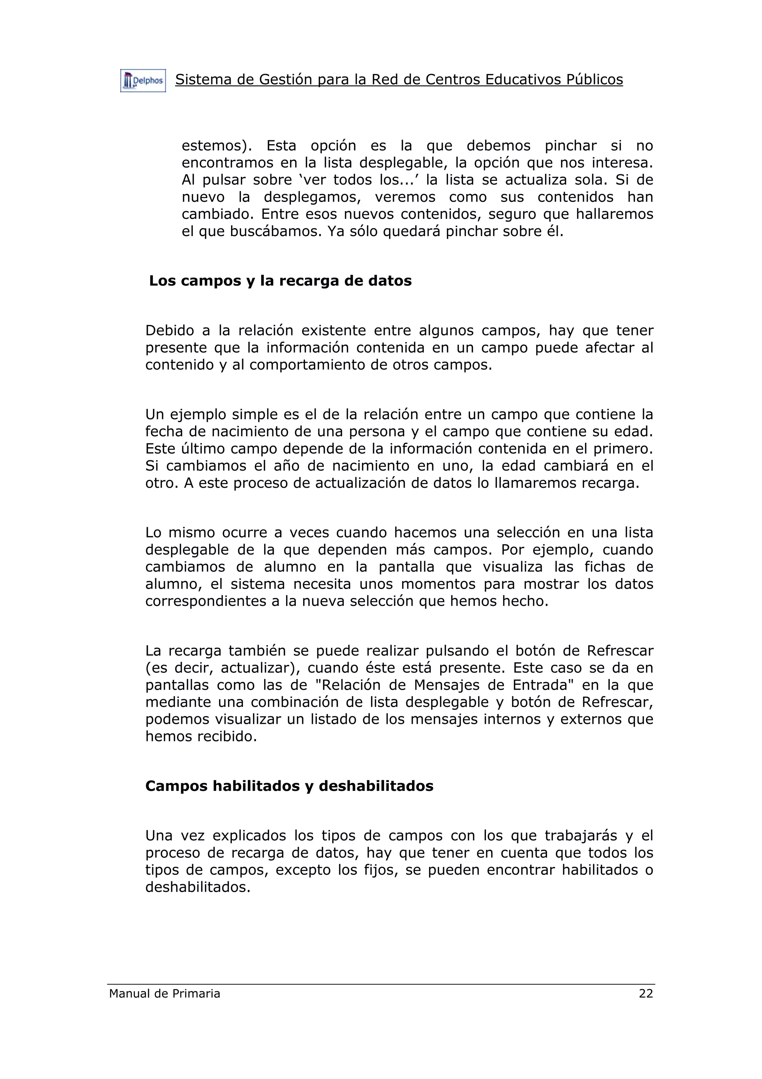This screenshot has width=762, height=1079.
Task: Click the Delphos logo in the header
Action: tap(143, 81)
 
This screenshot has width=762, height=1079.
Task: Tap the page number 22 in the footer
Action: tap(646, 993)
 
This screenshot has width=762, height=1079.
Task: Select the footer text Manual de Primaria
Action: tap(164, 993)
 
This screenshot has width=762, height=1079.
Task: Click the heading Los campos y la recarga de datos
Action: tap(280, 281)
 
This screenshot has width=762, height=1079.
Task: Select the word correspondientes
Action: tap(206, 602)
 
